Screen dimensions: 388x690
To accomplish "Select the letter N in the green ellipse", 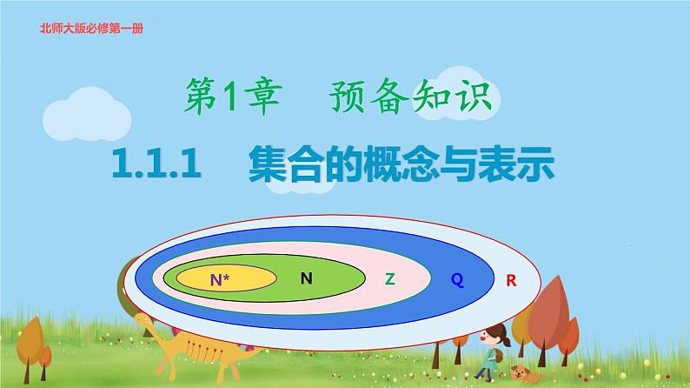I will pyautogui.click(x=306, y=278).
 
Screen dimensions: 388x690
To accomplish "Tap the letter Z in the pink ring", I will pyautogui.click(x=389, y=279).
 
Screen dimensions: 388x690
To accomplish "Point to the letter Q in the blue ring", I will pyautogui.click(x=456, y=279).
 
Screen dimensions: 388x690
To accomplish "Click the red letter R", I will pyautogui.click(x=511, y=280).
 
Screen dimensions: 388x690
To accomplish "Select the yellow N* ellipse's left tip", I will pyautogui.click(x=178, y=279).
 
